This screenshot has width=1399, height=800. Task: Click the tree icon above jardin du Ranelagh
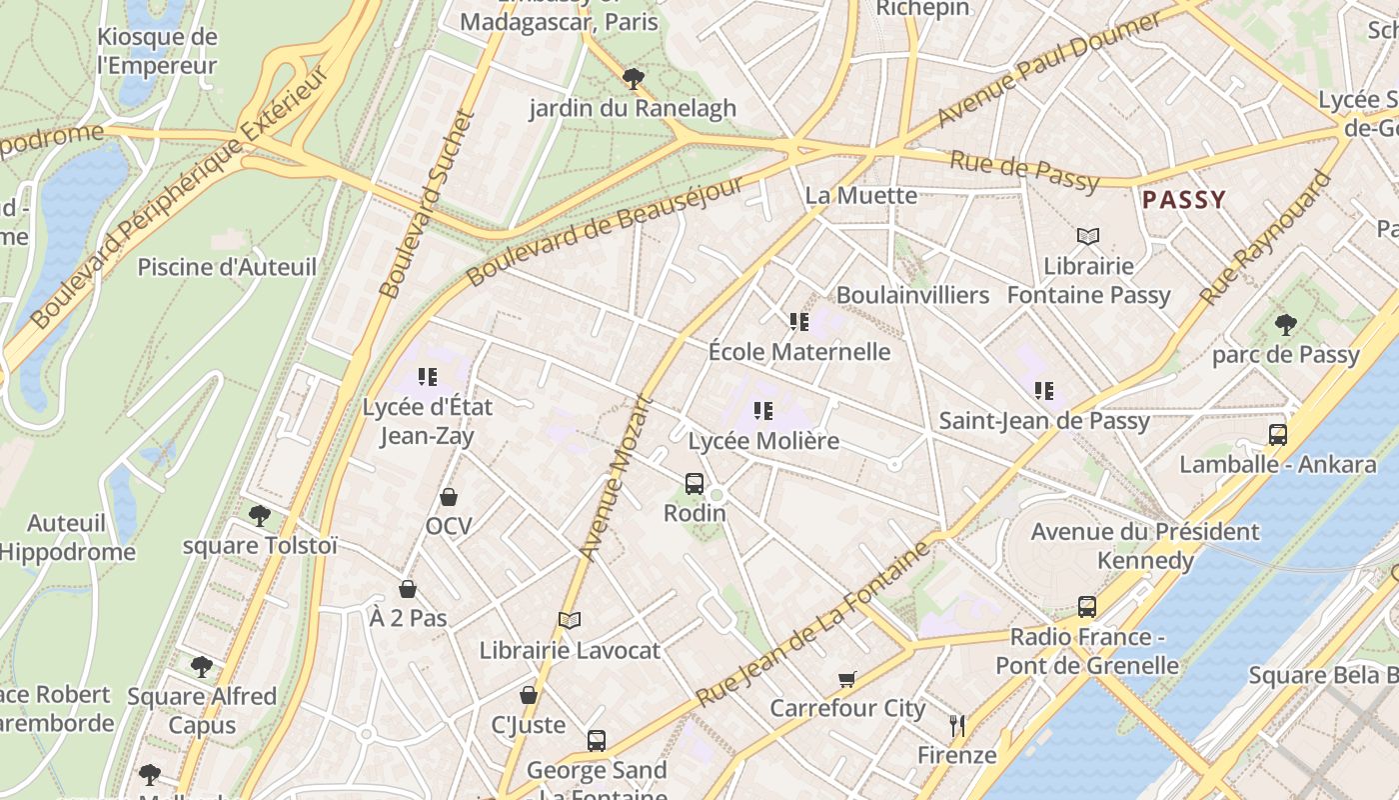click(632, 78)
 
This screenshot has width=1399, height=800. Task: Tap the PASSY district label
click(1183, 200)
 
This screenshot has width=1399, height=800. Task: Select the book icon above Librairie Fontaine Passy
click(1088, 237)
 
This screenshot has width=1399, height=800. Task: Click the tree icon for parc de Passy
click(1285, 325)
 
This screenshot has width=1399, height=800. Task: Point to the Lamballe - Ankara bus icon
click(1277, 435)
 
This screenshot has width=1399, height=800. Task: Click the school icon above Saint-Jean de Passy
click(1044, 391)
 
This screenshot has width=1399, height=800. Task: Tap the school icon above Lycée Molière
click(763, 410)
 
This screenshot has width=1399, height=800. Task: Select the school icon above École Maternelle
click(799, 322)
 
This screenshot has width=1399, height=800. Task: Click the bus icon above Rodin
click(695, 484)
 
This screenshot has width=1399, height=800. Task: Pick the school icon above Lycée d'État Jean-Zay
click(428, 377)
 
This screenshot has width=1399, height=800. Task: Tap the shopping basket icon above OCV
click(449, 497)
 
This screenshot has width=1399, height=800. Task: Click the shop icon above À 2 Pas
click(407, 589)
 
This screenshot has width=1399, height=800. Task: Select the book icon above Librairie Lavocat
click(570, 621)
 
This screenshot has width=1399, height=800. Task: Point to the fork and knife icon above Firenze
click(957, 725)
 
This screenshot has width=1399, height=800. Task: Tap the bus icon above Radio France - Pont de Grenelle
click(1087, 607)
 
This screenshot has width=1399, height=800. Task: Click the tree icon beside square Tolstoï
click(260, 516)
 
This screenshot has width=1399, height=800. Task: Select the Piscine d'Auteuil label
click(227, 267)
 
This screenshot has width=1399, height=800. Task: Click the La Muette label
click(860, 195)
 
